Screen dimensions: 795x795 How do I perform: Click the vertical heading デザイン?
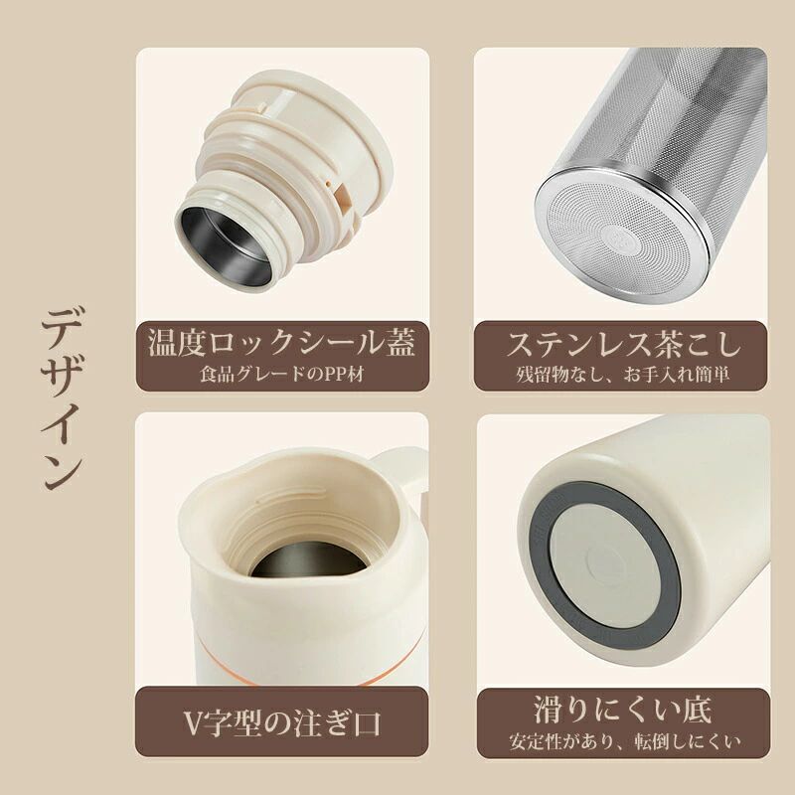pos(61,398)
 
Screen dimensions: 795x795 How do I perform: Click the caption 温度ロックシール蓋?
pos(282,342)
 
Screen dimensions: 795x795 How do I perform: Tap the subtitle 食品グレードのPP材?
pos(282,375)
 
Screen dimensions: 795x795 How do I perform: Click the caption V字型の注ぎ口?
pos(282,723)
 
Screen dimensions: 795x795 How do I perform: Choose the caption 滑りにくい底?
pos(623,710)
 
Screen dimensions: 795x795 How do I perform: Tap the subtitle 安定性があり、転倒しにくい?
pos(624,741)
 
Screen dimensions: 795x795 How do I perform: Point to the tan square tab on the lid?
pos(342,197)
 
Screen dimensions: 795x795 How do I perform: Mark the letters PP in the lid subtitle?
pos(335,375)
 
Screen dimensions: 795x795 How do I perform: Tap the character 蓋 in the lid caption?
pos(400,342)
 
